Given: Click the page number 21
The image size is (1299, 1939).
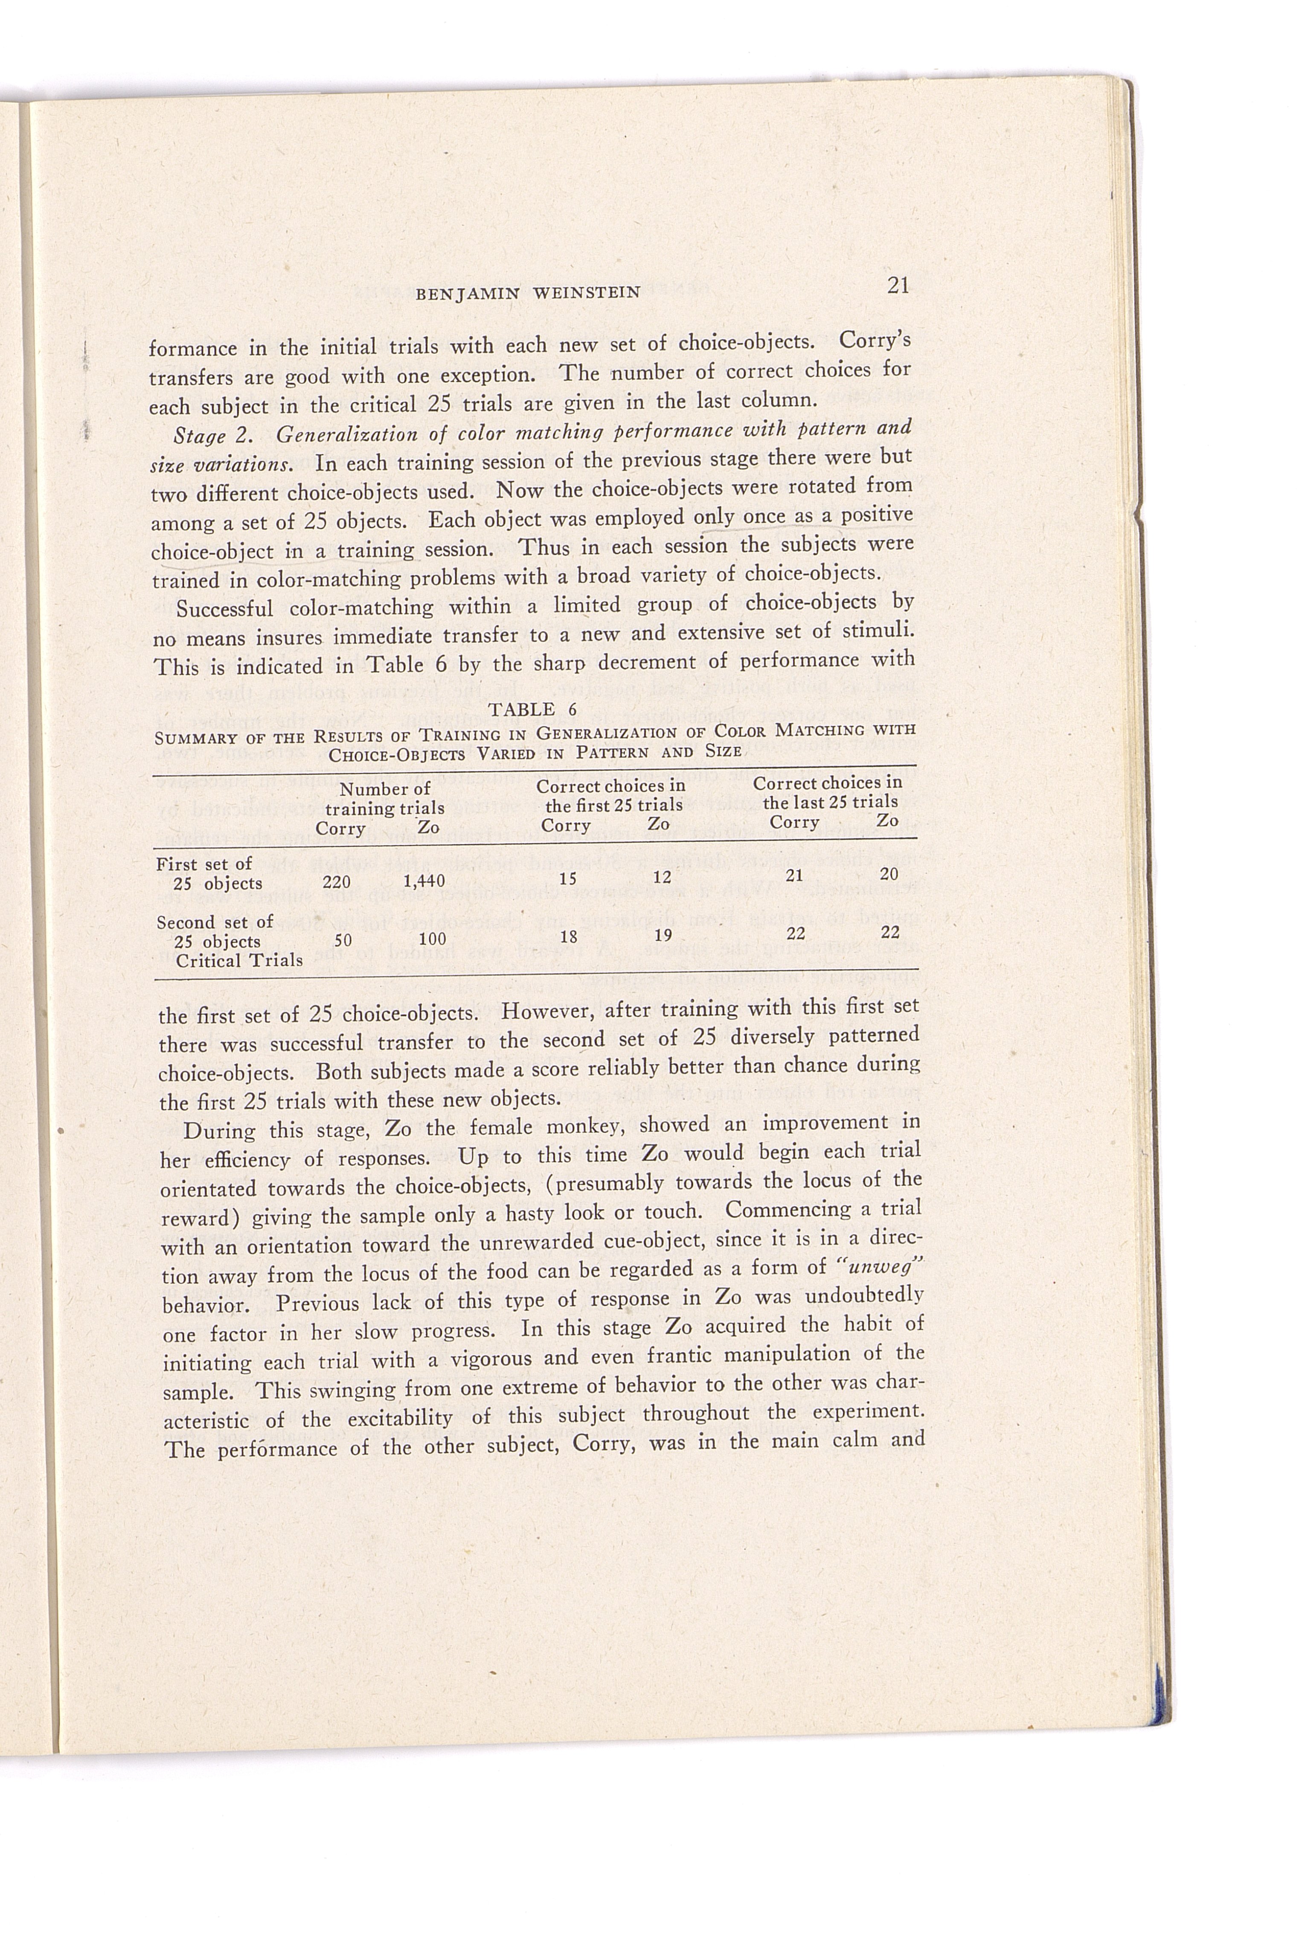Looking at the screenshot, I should click(898, 286).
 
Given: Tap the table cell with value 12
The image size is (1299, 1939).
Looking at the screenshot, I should click(662, 877).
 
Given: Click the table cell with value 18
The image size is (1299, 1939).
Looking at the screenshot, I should click(568, 937).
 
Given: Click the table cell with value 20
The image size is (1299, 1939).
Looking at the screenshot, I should click(889, 873).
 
